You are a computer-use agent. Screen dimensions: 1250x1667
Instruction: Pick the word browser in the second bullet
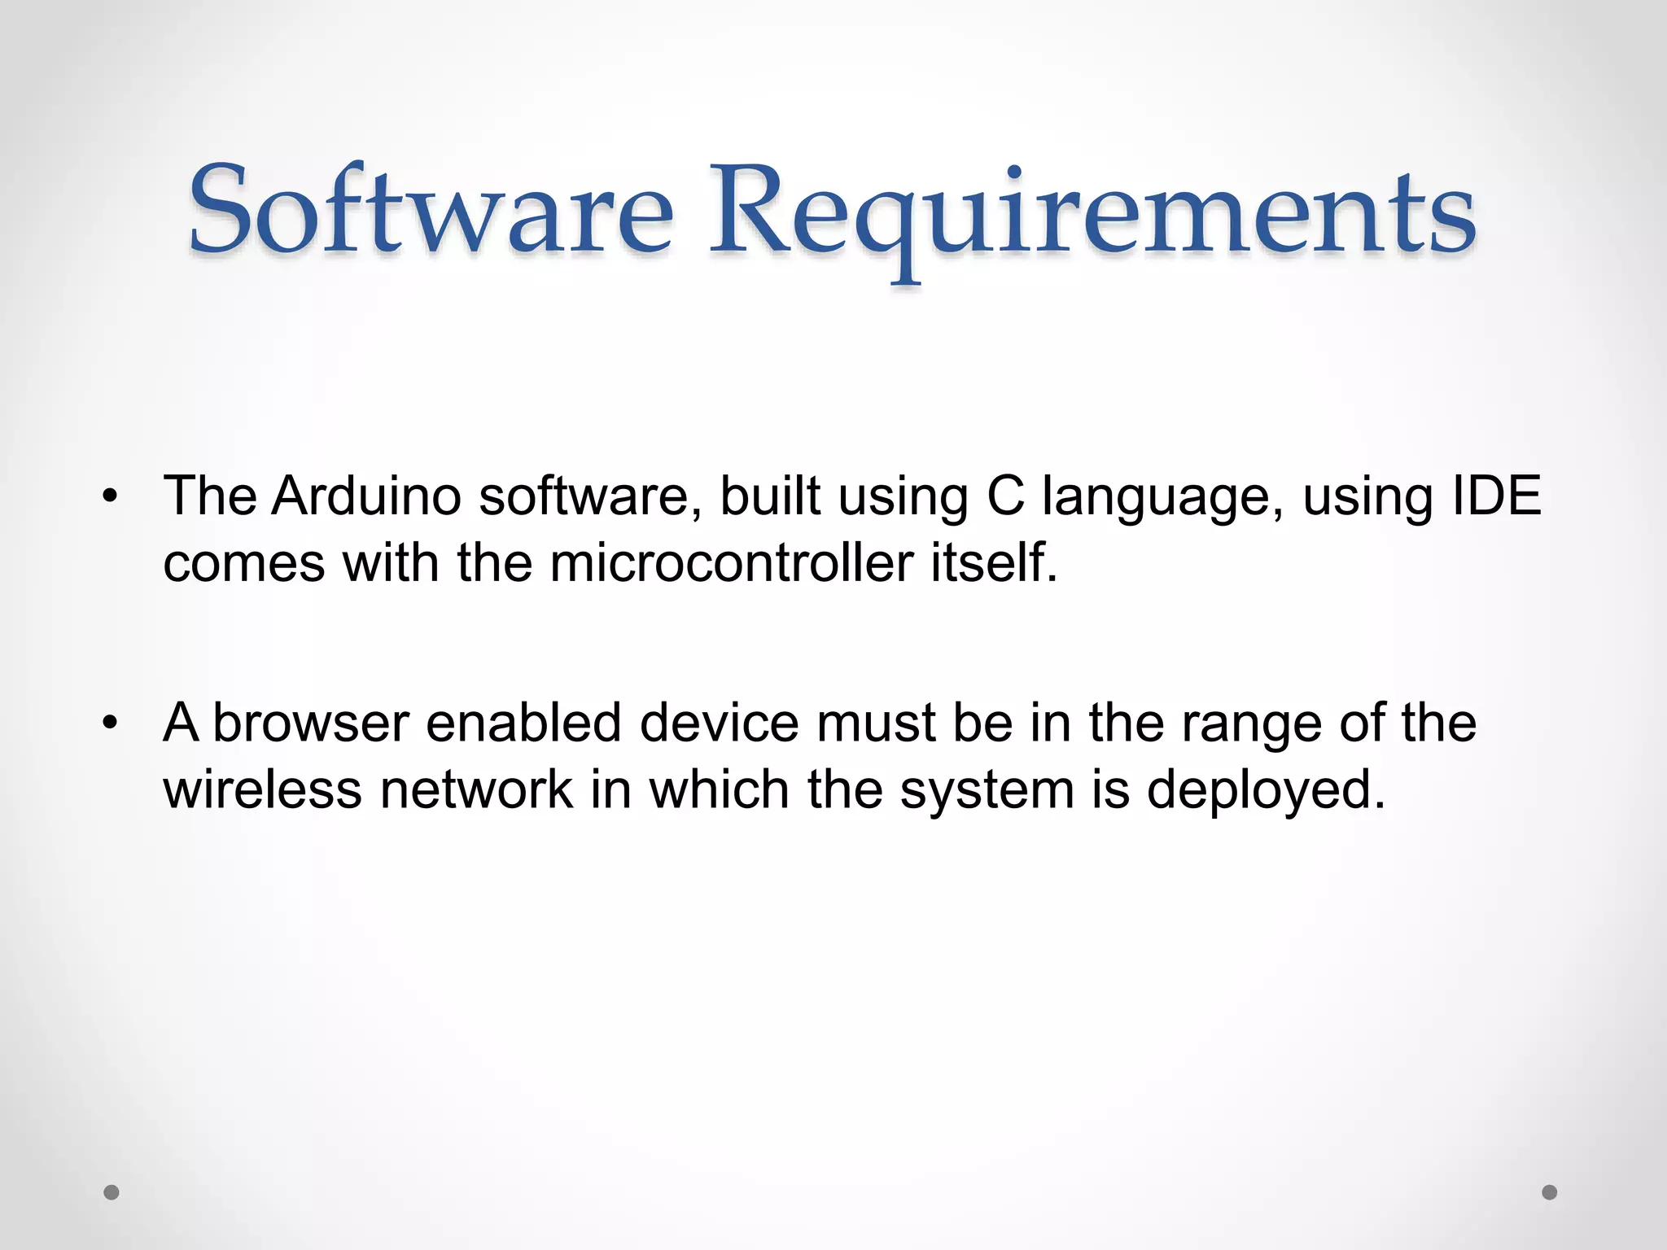pos(310,723)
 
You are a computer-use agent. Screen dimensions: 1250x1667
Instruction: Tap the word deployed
pos(1266,791)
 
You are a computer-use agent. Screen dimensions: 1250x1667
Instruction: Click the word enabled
pos(523,723)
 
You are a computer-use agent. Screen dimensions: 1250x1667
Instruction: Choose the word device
pos(720,723)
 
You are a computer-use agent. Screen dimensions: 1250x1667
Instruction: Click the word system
pos(987,791)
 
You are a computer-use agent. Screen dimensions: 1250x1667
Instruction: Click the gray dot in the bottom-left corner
pos(112,1192)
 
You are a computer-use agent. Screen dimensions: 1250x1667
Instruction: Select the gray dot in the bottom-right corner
pos(1550,1192)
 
